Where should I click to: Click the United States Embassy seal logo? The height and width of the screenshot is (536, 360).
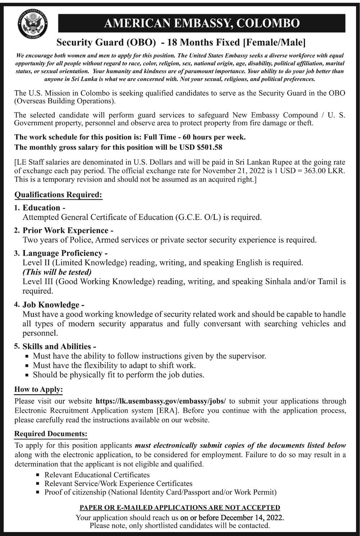tap(33, 24)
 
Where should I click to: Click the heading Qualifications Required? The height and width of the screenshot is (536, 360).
tap(58, 195)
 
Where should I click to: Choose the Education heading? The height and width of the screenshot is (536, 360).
tap(41, 208)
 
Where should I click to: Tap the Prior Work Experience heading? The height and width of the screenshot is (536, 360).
tap(66, 231)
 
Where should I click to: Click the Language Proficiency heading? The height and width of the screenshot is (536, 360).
tap(63, 253)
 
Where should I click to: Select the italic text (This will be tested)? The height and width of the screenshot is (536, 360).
tap(57, 272)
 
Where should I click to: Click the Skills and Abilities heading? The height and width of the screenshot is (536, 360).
tap(57, 347)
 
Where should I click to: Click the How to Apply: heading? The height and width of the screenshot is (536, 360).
tap(39, 389)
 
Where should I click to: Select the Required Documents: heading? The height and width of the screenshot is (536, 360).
tap(51, 434)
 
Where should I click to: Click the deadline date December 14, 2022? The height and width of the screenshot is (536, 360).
tap(252, 518)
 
